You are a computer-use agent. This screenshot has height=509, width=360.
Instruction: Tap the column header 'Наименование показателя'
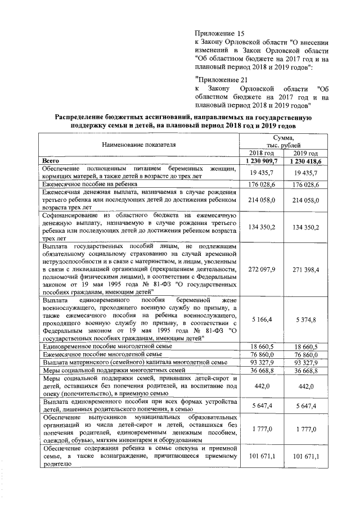click(x=138, y=145)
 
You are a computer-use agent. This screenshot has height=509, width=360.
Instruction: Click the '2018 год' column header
click(x=261, y=153)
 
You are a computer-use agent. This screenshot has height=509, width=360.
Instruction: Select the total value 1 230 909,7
click(x=261, y=161)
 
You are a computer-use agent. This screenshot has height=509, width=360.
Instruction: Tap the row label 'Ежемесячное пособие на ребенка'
click(x=93, y=184)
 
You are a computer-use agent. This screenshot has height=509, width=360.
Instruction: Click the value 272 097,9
click(x=261, y=269)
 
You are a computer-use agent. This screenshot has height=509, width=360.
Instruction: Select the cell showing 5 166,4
click(x=261, y=319)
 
